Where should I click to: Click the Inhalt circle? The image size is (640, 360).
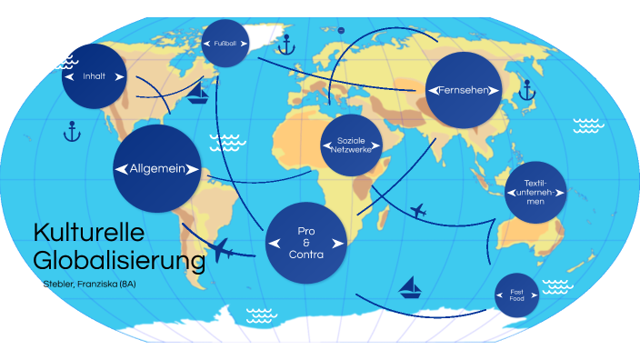tap(95, 76)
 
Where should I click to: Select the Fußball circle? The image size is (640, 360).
tap(225, 43)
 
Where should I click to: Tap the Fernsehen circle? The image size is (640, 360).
tap(464, 90)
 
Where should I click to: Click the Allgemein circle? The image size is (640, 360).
tap(156, 168)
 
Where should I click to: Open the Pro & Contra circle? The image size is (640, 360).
tap(308, 243)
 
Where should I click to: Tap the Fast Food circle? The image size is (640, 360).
tap(516, 294)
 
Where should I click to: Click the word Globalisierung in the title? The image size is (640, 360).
tap(118, 261)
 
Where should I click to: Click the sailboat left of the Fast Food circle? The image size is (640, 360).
tap(412, 287)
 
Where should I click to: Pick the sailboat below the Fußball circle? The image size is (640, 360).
tap(197, 94)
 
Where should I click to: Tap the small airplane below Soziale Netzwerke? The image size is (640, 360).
tap(418, 212)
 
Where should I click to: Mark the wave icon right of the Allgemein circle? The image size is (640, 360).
tap(225, 143)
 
